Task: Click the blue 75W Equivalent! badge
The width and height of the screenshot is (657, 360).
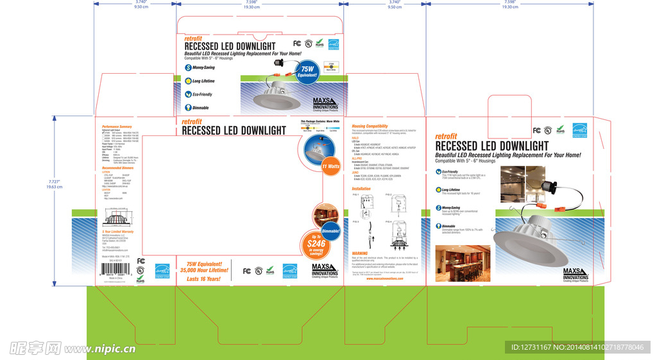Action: pos(309,71)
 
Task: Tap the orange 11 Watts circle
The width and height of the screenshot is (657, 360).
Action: pos(331,166)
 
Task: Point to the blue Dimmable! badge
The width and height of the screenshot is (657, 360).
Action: pos(330,230)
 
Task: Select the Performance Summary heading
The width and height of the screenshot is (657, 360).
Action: pos(117,127)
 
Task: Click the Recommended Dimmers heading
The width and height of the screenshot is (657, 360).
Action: pos(118,167)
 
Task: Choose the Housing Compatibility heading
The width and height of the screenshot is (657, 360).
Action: pos(370,126)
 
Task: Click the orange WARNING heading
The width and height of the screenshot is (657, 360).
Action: pos(360,253)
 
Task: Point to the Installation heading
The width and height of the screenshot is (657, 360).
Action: pos(361,189)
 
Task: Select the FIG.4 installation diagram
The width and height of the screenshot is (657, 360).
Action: pos(398,234)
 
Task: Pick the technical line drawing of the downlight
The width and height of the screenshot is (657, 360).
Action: pos(118,219)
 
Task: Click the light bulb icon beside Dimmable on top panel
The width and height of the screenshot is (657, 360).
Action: pos(188,108)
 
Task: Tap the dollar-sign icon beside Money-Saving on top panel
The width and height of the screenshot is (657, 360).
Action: pos(188,67)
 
